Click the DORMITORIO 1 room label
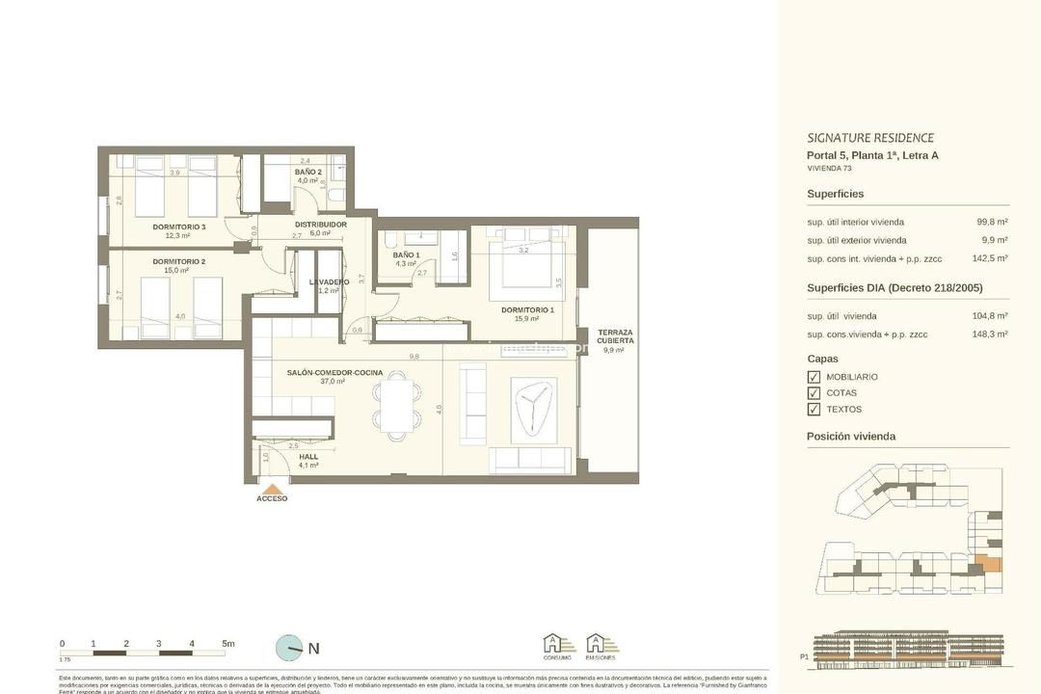[527, 309]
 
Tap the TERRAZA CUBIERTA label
[615, 336]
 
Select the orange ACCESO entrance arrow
[273, 490]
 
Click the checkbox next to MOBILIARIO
[814, 377]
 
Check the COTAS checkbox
[814, 393]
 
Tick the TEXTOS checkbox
[814, 410]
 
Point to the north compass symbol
[288, 648]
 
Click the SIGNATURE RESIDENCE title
[869, 138]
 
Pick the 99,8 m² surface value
[992, 222]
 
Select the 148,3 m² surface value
[990, 334]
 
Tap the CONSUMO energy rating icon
[557, 646]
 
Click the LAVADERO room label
[329, 282]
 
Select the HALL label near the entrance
[308, 457]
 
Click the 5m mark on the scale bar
[227, 644]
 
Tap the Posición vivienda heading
[851, 437]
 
